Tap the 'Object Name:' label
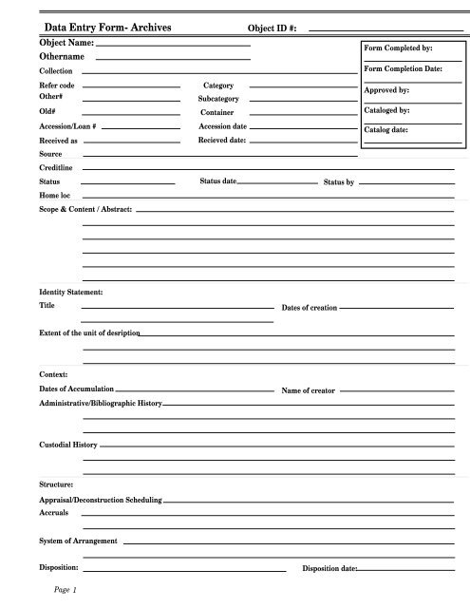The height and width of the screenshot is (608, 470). click(x=66, y=44)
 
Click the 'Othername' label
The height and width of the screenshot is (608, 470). click(x=63, y=58)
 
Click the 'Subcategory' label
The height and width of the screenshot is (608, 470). click(x=219, y=98)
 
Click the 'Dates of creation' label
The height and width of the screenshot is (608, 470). click(x=310, y=308)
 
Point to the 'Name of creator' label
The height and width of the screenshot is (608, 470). click(x=309, y=389)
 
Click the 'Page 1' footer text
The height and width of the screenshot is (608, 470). click(x=65, y=590)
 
